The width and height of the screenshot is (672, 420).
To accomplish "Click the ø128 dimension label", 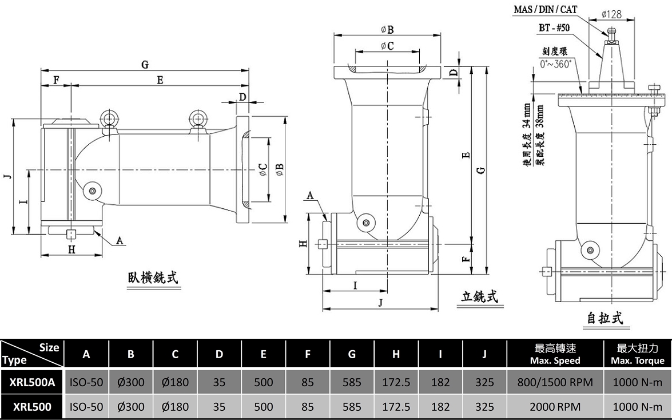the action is click(x=611, y=14).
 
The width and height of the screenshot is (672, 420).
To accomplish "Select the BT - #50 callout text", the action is click(x=554, y=28).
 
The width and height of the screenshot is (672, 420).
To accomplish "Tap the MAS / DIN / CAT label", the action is click(x=545, y=9).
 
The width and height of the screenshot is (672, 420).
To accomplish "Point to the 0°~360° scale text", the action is click(x=556, y=64).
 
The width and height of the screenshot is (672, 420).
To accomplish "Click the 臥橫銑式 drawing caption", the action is click(x=153, y=278).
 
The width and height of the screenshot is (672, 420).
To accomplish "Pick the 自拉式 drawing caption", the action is click(x=605, y=318).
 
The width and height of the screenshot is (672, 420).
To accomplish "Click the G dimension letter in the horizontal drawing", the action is click(x=145, y=65).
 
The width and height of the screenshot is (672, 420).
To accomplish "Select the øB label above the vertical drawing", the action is click(x=387, y=30).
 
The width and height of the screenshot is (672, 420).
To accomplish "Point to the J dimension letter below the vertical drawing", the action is click(x=380, y=303).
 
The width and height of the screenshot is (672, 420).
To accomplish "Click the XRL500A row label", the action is click(x=33, y=382).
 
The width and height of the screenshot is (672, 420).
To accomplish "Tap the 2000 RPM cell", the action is click(x=555, y=407).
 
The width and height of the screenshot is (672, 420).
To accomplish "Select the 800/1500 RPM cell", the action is click(x=555, y=382).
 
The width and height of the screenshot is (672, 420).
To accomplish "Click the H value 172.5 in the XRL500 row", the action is click(x=396, y=407).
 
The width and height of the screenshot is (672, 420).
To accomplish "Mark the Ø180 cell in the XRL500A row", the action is click(x=175, y=382).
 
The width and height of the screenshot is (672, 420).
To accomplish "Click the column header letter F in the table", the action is click(x=308, y=354).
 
